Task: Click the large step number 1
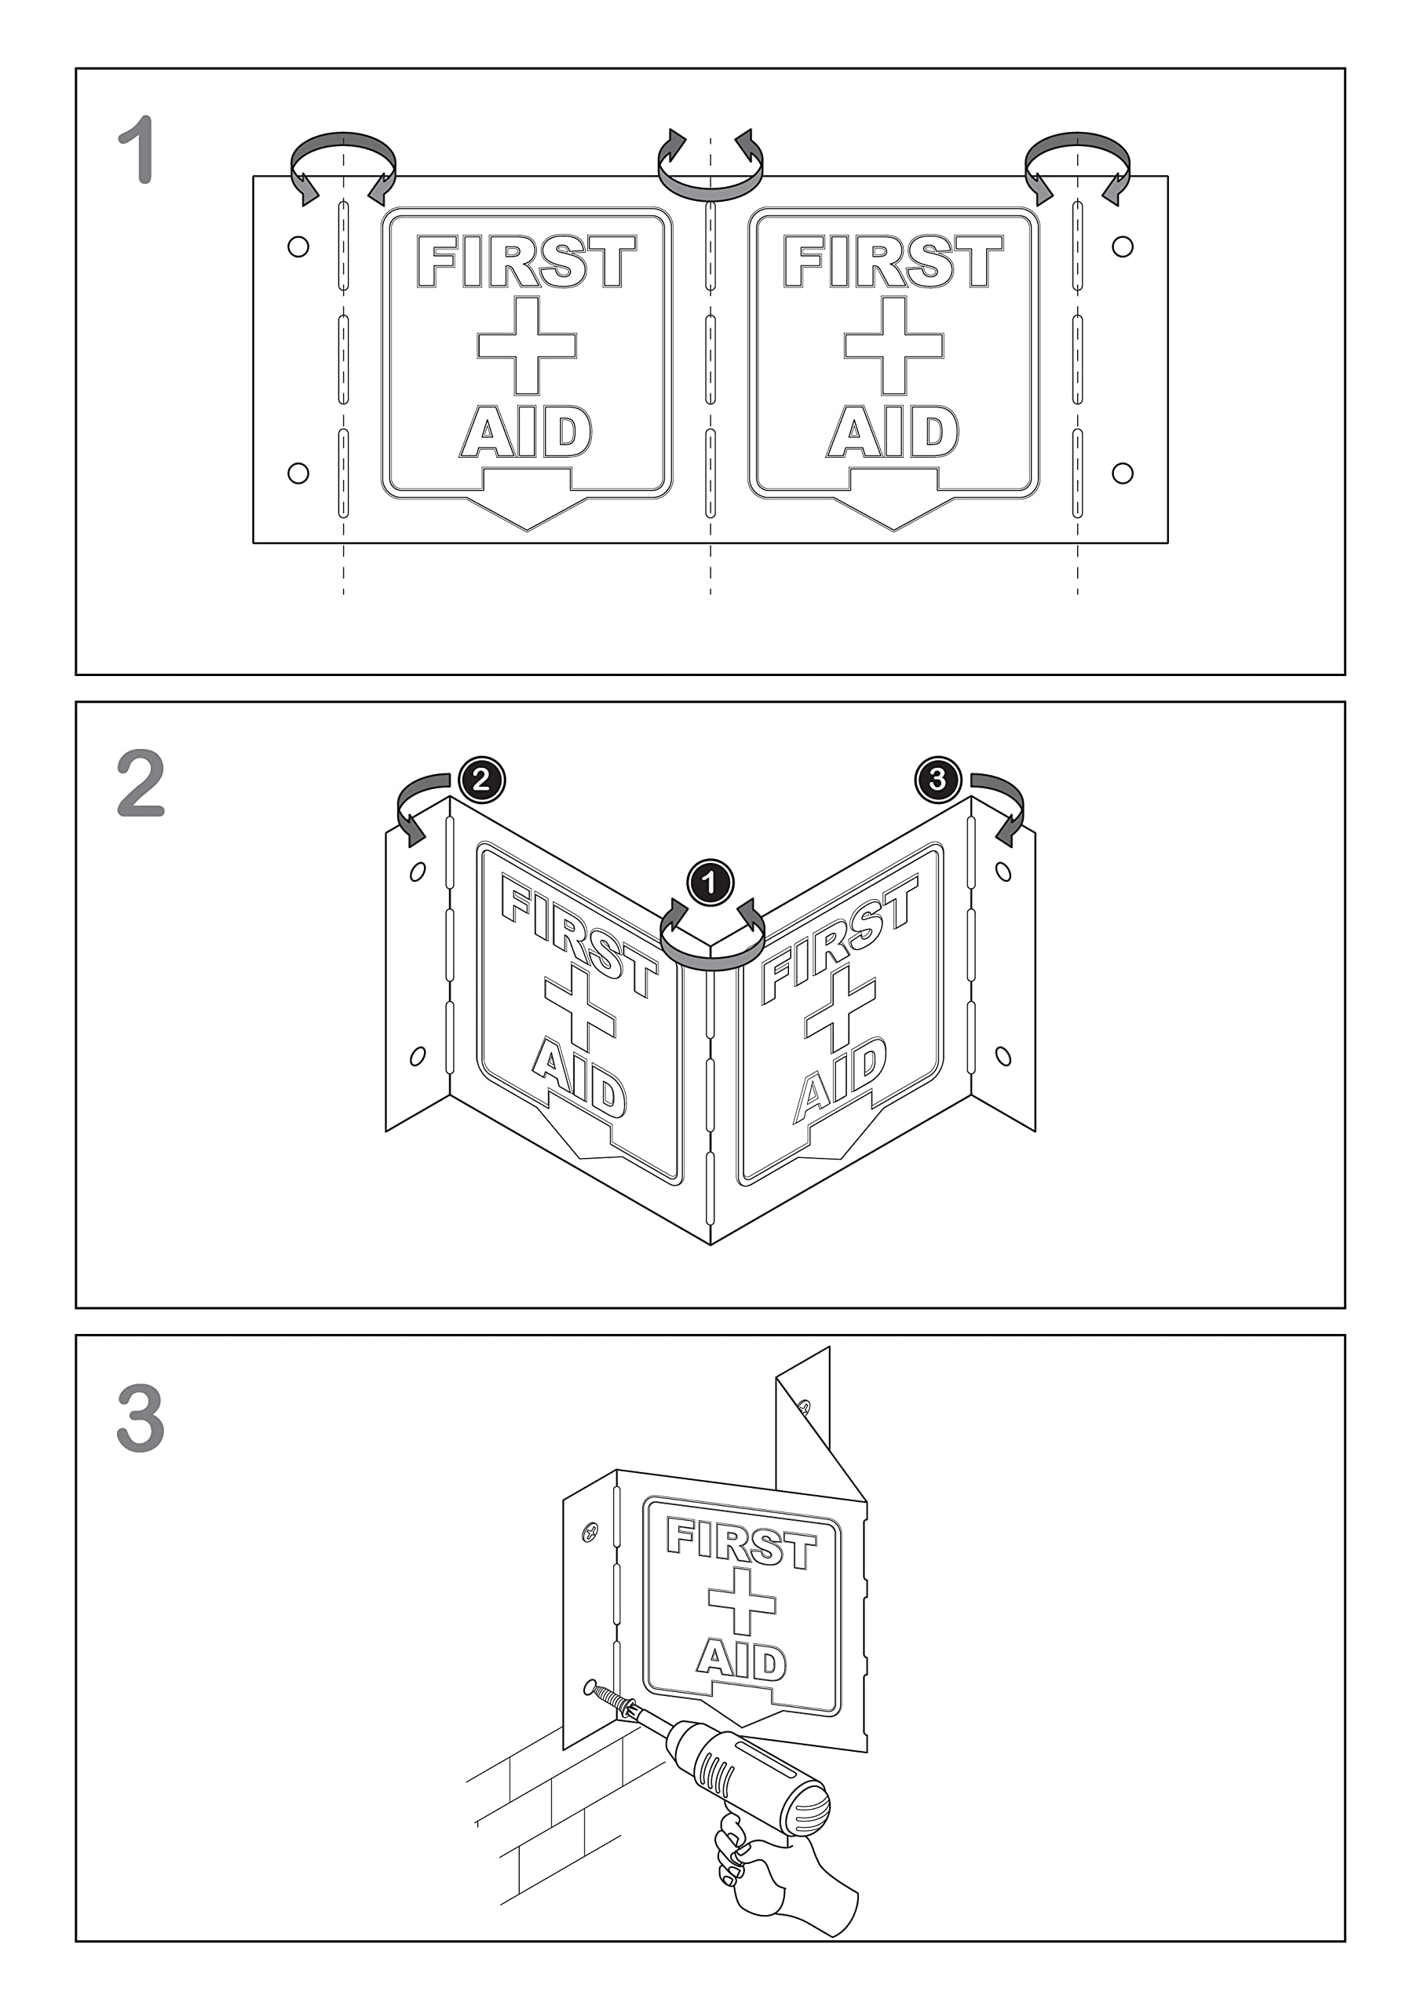(x=138, y=150)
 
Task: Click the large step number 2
(x=141, y=784)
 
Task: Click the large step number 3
(x=141, y=1417)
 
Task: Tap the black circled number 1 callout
(x=710, y=882)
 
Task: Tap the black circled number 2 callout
(x=481, y=779)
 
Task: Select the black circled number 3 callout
(x=937, y=779)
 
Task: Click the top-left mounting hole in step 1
(x=298, y=247)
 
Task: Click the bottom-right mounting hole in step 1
(x=1123, y=473)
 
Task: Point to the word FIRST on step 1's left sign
(x=526, y=261)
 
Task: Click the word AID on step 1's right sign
(x=893, y=432)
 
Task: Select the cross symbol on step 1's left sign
(x=527, y=345)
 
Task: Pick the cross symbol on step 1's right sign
(x=894, y=345)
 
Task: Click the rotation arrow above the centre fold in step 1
(x=710, y=185)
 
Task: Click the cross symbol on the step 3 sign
(x=743, y=1601)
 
